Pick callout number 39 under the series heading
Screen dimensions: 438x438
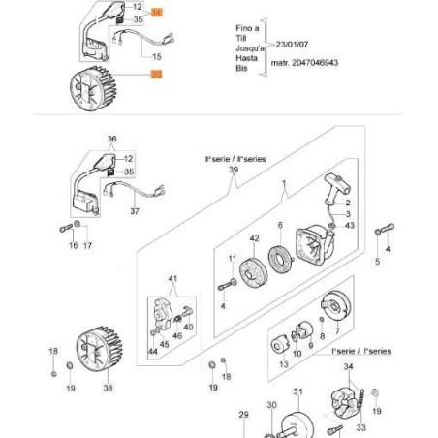click(232, 169)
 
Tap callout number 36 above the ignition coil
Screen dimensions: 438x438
click(111, 139)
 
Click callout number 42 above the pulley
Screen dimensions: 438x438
click(254, 238)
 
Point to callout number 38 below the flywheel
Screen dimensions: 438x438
click(108, 388)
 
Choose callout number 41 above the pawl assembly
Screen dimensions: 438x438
click(174, 279)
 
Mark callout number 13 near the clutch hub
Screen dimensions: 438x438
click(283, 365)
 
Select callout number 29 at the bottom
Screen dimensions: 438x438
click(244, 415)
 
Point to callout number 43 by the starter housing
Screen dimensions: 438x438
click(350, 226)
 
